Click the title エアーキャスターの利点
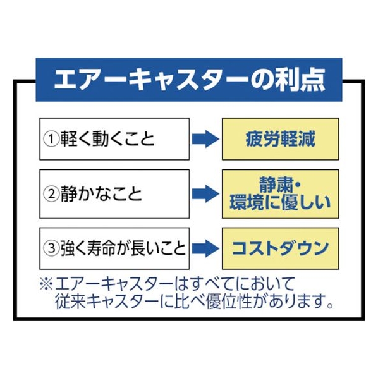pyautogui.click(x=190, y=80)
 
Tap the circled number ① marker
pyautogui.click(x=51, y=139)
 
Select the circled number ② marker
pyautogui.click(x=51, y=194)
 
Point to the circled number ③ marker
pyautogui.click(x=51, y=248)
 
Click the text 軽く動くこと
pyautogui.click(x=107, y=139)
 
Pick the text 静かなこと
pyautogui.click(x=101, y=194)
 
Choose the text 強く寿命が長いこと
pyautogui.click(x=123, y=248)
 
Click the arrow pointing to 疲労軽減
pyautogui.click(x=205, y=139)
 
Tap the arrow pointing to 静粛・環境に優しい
pyautogui.click(x=205, y=194)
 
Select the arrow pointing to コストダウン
pyautogui.click(x=205, y=248)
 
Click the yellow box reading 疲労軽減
pyautogui.click(x=281, y=139)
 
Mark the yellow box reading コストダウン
pyautogui.click(x=281, y=248)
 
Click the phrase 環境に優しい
pyautogui.click(x=280, y=203)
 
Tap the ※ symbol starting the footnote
pyautogui.click(x=46, y=284)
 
